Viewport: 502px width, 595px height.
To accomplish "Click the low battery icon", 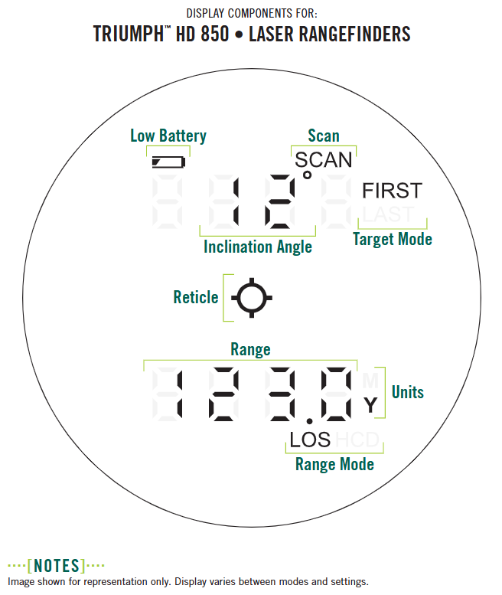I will coord(168,162).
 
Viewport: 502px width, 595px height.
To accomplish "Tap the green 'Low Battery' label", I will coord(168,136).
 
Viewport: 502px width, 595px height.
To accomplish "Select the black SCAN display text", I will coord(324,159).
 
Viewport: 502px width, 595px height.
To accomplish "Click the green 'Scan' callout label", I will coord(323,136).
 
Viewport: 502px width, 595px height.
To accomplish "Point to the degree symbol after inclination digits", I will coord(307,176).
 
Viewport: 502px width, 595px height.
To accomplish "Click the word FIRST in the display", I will coord(391,191).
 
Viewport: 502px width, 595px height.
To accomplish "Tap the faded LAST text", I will coord(387,214).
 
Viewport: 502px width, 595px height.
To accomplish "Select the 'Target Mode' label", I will coord(392,239).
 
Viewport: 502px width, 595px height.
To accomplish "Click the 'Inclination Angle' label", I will coord(258,247).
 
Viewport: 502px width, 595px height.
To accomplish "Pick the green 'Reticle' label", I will coord(196,297).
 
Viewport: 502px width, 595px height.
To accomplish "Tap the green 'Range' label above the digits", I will coord(250,349).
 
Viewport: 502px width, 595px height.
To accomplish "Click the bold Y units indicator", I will coord(370,406).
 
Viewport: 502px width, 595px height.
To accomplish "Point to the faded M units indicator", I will coord(370,381).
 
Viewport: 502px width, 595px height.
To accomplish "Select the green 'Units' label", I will coord(407,392).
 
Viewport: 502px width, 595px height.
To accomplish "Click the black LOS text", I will coord(310,440).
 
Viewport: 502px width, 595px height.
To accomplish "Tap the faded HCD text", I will coord(358,440).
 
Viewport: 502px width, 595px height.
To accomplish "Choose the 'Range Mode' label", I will coord(334,464).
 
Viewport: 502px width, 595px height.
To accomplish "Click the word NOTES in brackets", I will coord(56,567).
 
